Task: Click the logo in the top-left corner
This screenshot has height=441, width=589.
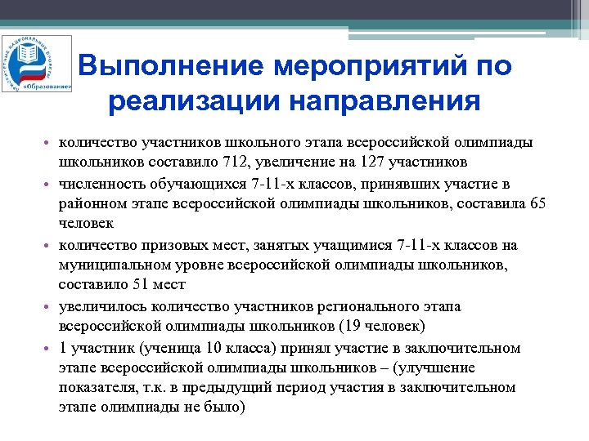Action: tap(36, 63)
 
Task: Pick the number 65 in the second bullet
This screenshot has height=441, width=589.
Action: tap(538, 203)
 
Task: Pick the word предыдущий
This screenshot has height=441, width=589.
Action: tap(234, 387)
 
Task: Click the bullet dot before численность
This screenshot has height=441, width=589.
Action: tap(50, 185)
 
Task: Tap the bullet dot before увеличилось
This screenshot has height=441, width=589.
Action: tap(50, 307)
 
